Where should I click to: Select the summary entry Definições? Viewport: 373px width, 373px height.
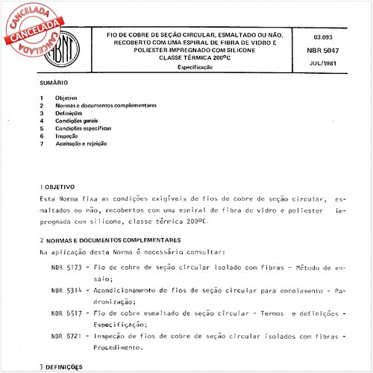click(x=70, y=113)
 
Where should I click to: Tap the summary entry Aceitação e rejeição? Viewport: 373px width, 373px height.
click(x=84, y=143)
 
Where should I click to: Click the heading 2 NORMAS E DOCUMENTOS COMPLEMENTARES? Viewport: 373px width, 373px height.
click(x=109, y=240)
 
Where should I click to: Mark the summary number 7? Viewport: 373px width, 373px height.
click(x=42, y=143)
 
